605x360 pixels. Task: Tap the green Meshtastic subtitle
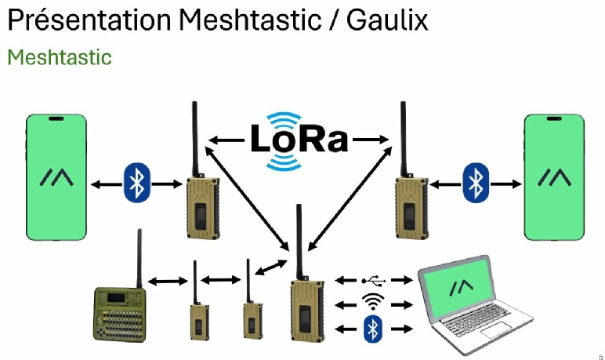coord(60,57)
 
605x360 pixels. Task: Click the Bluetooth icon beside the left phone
coord(136,184)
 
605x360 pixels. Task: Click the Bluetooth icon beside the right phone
coord(474,184)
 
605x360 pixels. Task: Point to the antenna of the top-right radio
coord(404,137)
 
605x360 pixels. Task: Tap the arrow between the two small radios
coord(223,280)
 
